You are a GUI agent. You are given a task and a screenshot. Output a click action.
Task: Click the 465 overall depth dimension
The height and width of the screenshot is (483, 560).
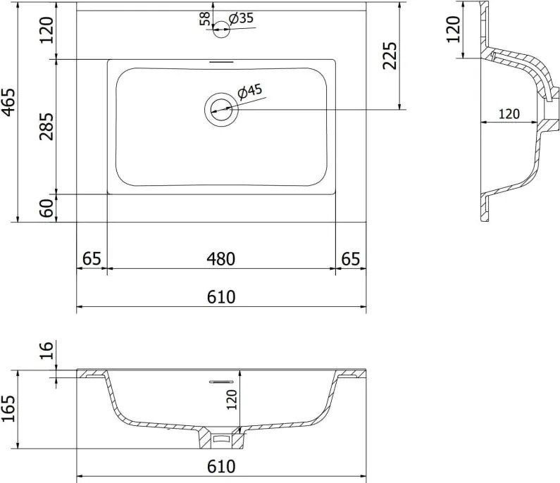point(8,102)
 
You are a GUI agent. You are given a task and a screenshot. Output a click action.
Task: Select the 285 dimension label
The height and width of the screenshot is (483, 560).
point(46,126)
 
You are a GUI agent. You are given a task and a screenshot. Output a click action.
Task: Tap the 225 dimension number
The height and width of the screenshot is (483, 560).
point(390,56)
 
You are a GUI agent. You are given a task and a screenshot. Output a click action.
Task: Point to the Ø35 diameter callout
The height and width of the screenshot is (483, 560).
point(241,18)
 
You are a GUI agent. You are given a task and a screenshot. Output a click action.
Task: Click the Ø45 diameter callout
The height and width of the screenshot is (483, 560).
point(249,92)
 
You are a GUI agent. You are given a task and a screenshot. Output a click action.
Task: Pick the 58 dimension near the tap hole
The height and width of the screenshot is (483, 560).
point(205,18)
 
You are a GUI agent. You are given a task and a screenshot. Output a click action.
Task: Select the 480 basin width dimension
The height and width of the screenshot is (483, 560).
point(221,259)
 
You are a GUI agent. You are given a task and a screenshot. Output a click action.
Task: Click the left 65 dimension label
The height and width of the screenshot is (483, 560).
point(92,259)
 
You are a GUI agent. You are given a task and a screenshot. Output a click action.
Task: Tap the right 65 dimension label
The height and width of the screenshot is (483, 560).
point(351,259)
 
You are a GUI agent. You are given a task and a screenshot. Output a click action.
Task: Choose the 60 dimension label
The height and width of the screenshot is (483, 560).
point(46,208)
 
